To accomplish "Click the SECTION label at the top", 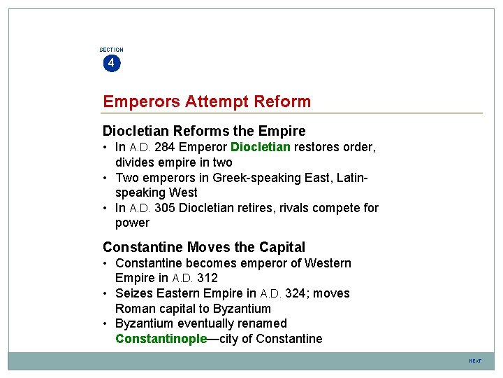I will coord(111,50).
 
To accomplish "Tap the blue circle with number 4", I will coord(111,64).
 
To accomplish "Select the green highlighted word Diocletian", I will coord(261,147).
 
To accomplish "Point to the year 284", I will coord(165,147).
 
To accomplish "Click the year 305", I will coord(165,208).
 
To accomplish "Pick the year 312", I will coord(207,278).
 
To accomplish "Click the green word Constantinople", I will coord(161,339).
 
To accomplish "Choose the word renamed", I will coord(263,323).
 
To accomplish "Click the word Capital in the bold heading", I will coord(280,247).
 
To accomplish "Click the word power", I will coord(132,223).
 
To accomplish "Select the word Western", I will coord(327,263).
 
